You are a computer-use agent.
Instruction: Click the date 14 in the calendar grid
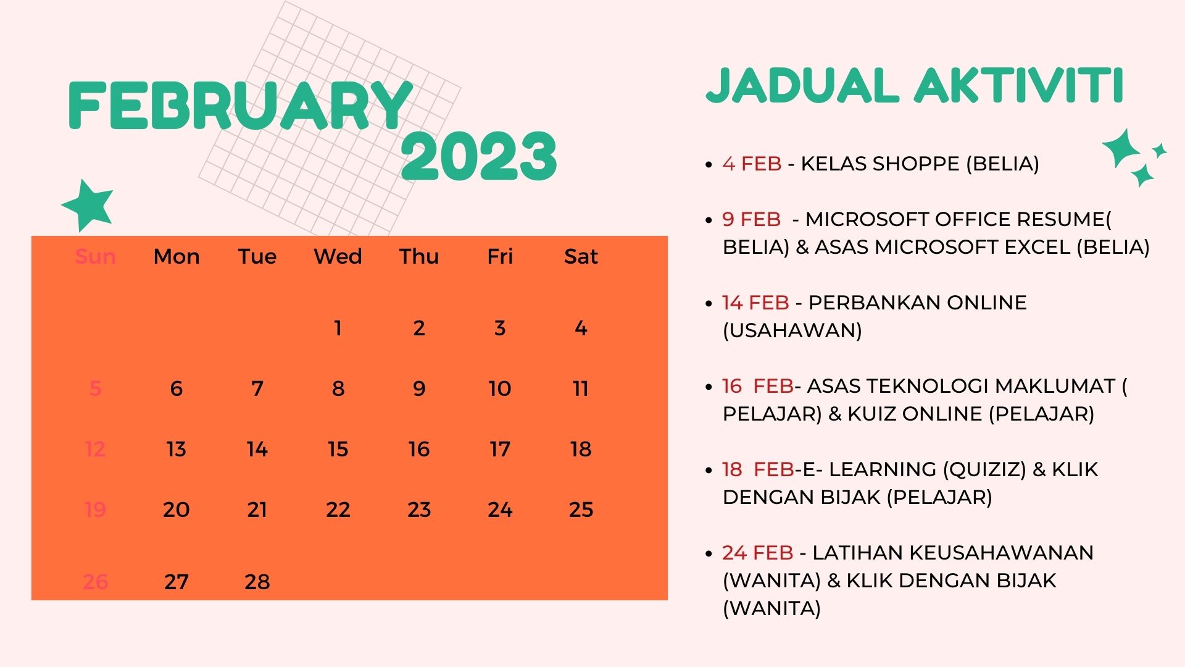[x=257, y=449]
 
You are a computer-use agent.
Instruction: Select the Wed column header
[x=338, y=256]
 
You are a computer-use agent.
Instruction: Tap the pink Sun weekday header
[x=95, y=256]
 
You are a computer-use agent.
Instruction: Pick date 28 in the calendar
[x=257, y=582]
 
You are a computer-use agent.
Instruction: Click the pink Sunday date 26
[x=95, y=582]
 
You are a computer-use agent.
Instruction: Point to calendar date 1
[x=338, y=328]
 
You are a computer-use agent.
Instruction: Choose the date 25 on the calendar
[x=581, y=510]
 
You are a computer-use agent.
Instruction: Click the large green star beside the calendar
[x=88, y=205]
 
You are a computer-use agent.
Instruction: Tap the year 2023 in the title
[x=479, y=156]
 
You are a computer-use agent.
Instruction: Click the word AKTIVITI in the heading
[x=1018, y=85]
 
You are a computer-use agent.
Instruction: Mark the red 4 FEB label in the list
[x=752, y=164]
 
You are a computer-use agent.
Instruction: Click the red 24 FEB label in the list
[x=757, y=553]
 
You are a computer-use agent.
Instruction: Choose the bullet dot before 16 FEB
[x=709, y=387]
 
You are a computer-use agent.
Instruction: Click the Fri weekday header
[x=500, y=256]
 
